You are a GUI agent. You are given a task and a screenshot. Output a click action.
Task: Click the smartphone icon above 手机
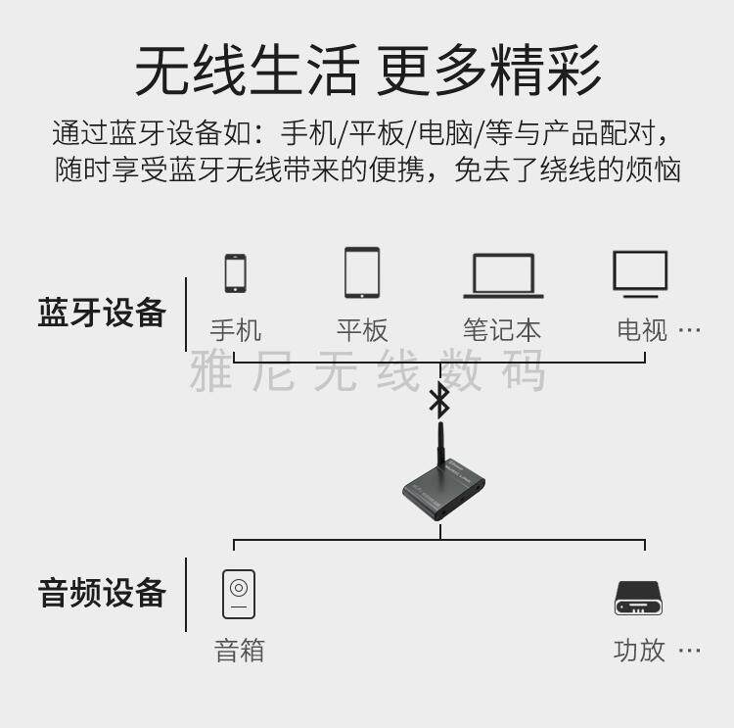(235, 273)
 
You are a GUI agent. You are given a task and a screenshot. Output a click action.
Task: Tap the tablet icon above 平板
(361, 272)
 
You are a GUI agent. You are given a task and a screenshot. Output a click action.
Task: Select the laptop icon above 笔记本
(503, 275)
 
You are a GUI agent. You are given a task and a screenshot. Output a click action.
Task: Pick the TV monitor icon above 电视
(640, 273)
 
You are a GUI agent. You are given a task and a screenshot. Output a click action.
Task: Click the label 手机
(236, 330)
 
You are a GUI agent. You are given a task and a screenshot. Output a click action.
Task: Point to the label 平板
(362, 330)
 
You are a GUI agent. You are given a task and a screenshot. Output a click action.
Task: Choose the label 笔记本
(502, 330)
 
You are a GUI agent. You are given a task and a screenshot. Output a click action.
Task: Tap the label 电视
(642, 330)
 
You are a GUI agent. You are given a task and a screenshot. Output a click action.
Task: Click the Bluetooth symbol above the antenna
(440, 399)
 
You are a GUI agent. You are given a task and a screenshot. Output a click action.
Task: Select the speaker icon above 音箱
(239, 594)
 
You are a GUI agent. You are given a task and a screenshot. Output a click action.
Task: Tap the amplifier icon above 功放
(638, 599)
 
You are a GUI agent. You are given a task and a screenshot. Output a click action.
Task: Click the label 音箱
(239, 650)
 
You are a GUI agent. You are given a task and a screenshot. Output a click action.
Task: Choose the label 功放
(639, 650)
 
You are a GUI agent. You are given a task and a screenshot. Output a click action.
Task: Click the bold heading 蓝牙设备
(102, 314)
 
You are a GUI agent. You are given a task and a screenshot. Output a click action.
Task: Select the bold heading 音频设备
(102, 593)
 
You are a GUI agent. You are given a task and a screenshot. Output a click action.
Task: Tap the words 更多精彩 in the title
(488, 72)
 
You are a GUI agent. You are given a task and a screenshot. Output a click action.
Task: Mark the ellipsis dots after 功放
(690, 651)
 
